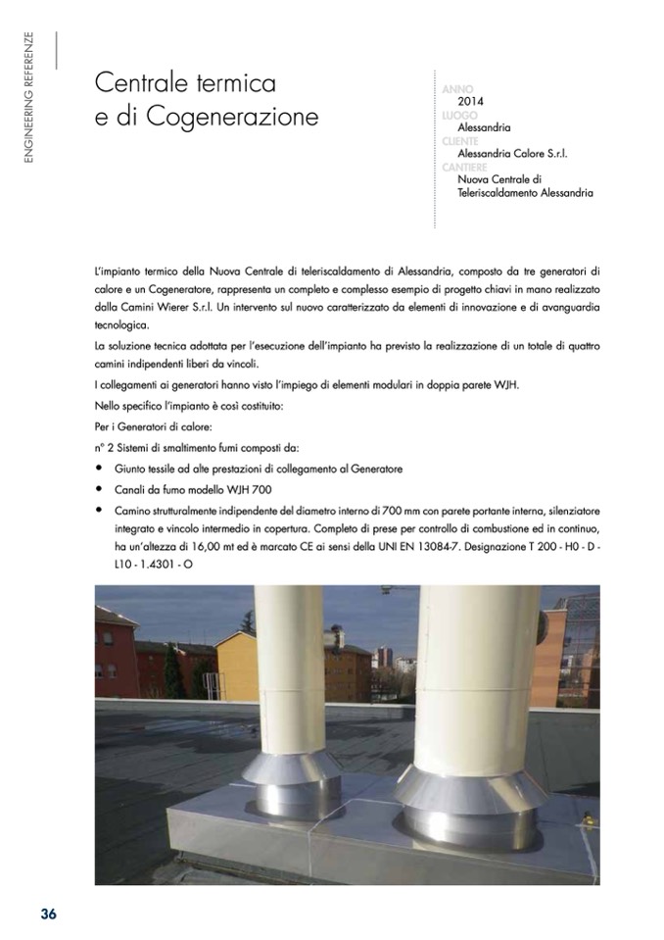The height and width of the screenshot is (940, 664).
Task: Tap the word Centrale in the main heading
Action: coord(141,82)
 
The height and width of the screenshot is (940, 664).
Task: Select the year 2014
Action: coord(471,101)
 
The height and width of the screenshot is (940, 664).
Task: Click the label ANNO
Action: coord(458,89)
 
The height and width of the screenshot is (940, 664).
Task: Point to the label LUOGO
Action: coord(460,115)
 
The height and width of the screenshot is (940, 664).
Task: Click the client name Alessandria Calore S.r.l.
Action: coord(512,154)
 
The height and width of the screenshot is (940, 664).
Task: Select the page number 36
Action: coord(48,914)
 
